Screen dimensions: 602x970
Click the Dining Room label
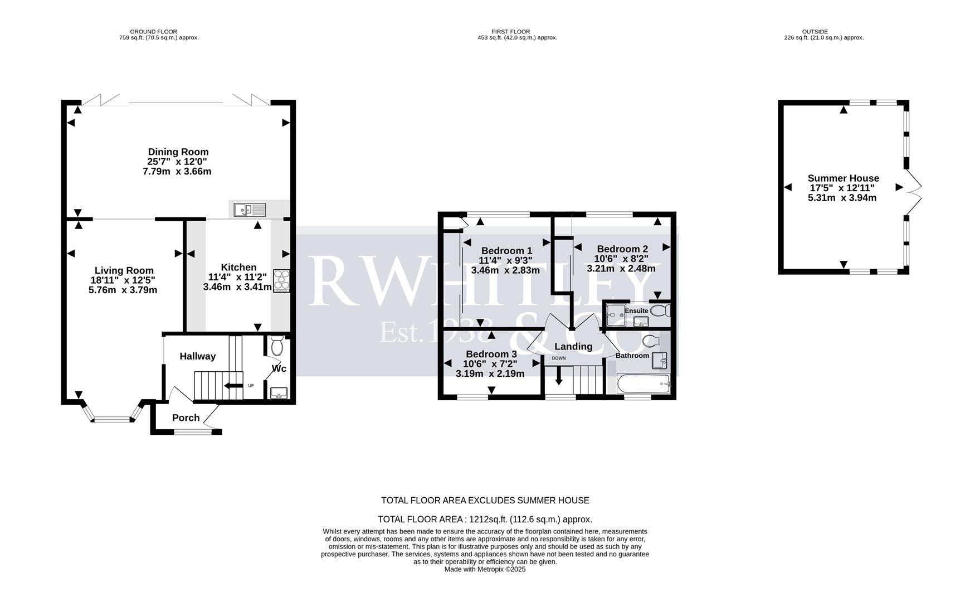178,152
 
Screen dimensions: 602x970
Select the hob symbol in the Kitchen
281,281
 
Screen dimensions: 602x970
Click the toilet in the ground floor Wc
277,347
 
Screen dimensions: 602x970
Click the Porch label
186,417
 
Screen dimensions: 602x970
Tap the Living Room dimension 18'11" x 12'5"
123,280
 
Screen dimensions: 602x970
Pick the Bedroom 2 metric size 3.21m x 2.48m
621,268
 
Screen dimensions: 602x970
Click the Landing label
573,346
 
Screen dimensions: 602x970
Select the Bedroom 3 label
491,354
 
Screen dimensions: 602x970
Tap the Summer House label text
843,178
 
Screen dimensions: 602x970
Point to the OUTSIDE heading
815,32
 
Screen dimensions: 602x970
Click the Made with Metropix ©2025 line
485,570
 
